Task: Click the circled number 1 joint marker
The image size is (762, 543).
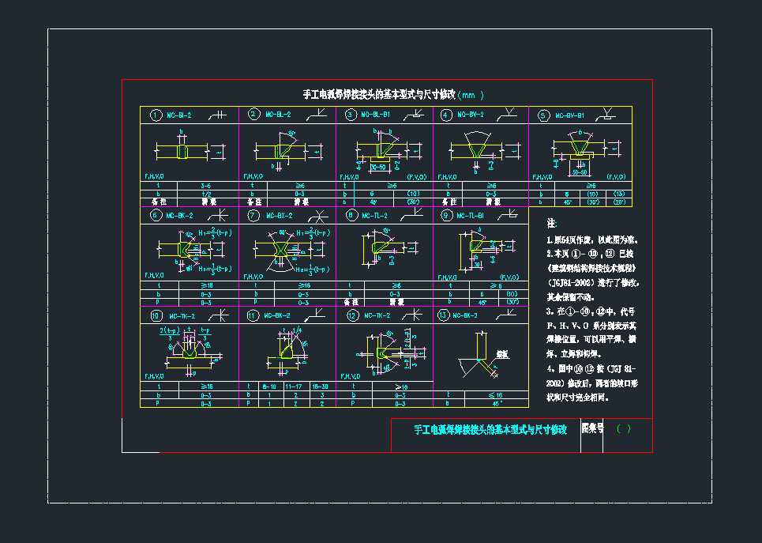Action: click(x=156, y=115)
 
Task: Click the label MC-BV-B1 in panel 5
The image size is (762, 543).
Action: click(x=569, y=115)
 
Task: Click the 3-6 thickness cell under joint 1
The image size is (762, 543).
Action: click(x=205, y=185)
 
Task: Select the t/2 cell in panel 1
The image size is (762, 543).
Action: click(x=205, y=193)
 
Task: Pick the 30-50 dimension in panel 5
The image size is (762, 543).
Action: click(x=579, y=171)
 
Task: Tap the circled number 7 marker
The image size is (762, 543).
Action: click(x=253, y=215)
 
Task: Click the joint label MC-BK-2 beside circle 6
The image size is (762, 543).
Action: click(x=182, y=215)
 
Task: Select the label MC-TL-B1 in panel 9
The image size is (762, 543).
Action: click(x=472, y=215)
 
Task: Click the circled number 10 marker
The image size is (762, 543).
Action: click(x=156, y=315)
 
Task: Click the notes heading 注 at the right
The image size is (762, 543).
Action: click(x=551, y=224)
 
